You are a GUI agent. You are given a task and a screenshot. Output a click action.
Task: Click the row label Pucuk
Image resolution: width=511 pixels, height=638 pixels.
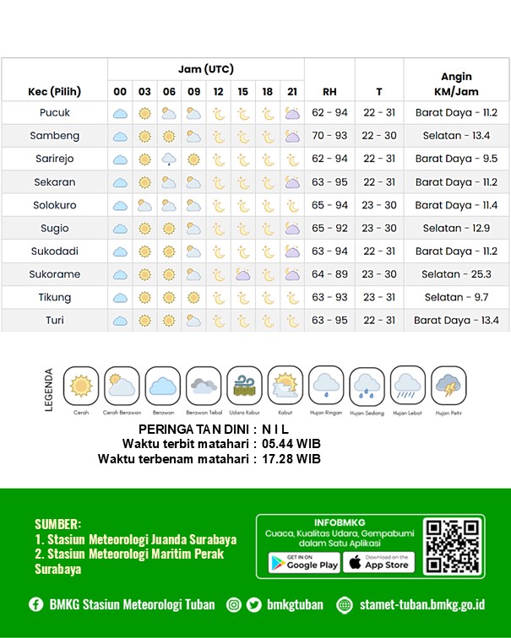[x=55, y=113]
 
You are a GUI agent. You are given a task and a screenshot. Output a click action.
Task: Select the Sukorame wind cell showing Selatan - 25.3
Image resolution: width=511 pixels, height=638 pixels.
[x=456, y=274]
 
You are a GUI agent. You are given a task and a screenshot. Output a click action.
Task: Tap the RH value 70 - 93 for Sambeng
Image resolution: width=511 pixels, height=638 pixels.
[x=329, y=136]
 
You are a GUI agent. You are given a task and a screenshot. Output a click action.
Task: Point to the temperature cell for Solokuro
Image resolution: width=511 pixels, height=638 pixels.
[x=379, y=205]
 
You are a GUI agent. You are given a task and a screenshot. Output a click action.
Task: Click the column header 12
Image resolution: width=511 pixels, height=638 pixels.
[x=218, y=91]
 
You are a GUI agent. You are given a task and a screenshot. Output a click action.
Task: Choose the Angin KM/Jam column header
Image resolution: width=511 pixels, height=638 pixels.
[x=456, y=84]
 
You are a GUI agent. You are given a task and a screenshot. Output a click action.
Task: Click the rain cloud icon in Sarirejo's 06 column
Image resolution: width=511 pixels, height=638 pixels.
[x=169, y=159]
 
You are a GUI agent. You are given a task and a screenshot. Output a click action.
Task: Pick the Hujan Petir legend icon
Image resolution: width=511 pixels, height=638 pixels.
[x=448, y=387]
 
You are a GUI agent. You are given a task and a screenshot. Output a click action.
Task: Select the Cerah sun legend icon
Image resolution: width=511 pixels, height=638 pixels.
[x=81, y=387]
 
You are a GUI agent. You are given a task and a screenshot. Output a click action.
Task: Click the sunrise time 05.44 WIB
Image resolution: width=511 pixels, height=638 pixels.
[x=291, y=444]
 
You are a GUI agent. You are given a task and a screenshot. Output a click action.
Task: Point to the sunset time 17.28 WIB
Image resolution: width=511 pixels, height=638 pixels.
[x=291, y=459]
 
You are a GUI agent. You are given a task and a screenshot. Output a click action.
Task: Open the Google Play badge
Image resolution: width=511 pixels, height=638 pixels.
[x=304, y=562]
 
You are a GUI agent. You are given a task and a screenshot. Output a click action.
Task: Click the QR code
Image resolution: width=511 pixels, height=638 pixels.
[x=453, y=547]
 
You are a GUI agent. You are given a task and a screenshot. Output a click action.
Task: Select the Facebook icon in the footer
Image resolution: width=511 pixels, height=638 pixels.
[x=35, y=604]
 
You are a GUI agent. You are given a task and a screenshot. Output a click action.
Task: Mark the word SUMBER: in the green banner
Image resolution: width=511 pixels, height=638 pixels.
[x=58, y=523]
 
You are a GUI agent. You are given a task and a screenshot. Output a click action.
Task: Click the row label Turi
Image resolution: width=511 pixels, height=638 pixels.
[x=55, y=321]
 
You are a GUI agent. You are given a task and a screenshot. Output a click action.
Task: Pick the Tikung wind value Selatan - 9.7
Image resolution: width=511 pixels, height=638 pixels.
[x=456, y=297]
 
